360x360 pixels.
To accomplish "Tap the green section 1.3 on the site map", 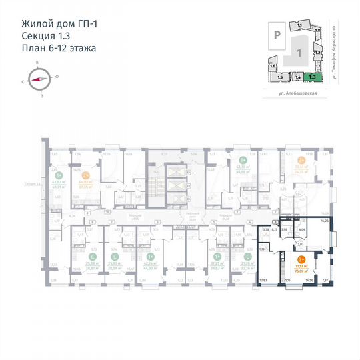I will [312, 77].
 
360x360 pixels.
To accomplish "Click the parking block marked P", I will [273, 30].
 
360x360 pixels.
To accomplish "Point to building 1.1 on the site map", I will [300, 25].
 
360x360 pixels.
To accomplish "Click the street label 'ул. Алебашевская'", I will [299, 95].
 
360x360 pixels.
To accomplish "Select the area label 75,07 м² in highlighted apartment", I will [302, 271].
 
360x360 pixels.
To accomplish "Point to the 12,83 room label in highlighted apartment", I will [263, 281].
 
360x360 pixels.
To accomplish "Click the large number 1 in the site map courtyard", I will [299, 52].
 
